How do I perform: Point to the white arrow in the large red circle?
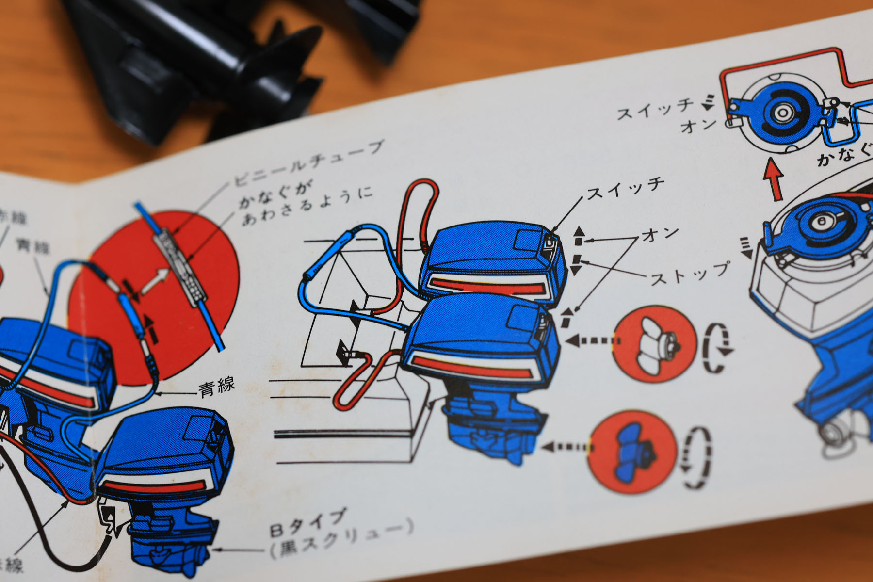[x=155, y=282]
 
